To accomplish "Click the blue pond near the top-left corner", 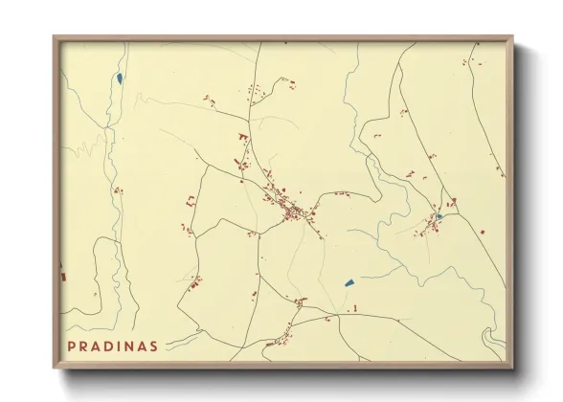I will [119, 78].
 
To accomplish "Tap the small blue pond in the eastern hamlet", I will [439, 216].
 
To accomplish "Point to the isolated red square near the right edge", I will [484, 232].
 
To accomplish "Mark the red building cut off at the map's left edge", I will [64, 277].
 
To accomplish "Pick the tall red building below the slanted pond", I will [355, 307].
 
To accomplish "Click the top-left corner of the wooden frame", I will [55, 37].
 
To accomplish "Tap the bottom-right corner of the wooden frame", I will [513, 368].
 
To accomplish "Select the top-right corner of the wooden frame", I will [513, 37].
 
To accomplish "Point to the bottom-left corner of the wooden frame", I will [55, 368].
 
